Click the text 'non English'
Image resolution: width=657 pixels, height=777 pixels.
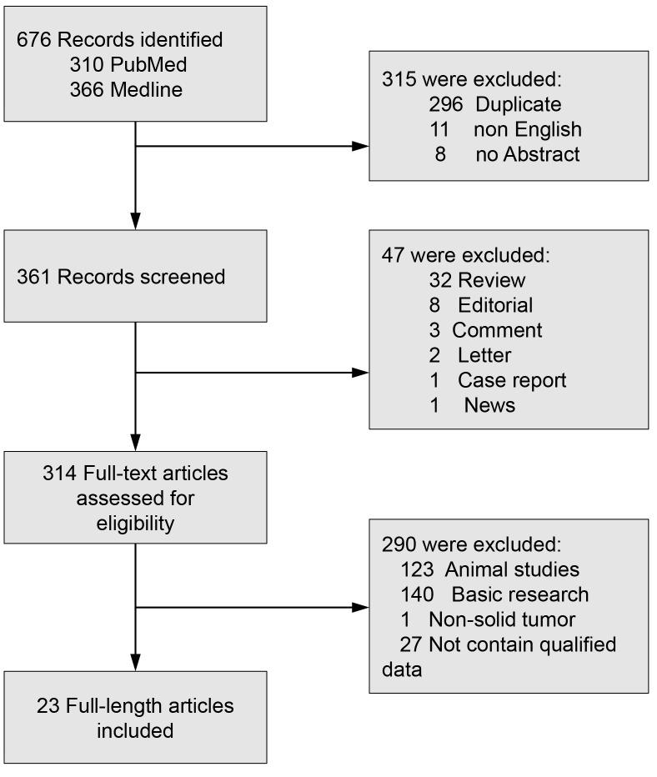[527, 129]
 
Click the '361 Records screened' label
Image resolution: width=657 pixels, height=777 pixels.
[121, 276]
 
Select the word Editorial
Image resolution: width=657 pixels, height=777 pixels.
[494, 304]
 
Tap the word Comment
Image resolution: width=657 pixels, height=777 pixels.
[497, 329]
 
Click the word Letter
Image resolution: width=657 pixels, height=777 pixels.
[484, 354]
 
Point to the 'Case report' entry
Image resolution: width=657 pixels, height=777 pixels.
[511, 379]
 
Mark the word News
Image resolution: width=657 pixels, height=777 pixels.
[489, 404]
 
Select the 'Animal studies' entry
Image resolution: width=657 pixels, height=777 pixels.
[511, 569]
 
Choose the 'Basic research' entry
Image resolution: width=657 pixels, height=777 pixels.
[519, 594]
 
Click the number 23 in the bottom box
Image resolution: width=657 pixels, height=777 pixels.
[47, 705]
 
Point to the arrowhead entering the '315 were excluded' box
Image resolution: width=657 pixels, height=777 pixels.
[360, 146]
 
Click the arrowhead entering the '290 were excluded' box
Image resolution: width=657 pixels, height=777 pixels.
[360, 607]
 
